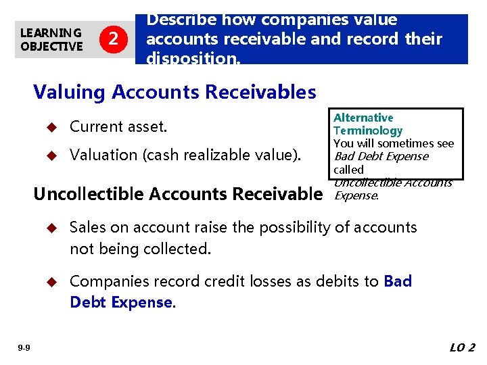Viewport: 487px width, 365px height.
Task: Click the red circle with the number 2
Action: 112,40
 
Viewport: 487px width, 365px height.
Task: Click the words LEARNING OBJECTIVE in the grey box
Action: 51,40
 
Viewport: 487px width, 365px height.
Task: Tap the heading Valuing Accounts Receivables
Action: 175,92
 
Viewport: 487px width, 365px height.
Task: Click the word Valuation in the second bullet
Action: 103,155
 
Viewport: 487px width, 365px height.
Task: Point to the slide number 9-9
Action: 24,348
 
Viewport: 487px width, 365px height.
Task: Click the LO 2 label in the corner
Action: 463,348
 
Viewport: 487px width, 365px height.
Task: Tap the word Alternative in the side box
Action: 363,118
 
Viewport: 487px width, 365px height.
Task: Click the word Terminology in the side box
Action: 367,130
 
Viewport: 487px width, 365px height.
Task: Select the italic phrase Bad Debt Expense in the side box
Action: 381,156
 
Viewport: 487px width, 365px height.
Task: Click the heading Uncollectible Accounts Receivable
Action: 178,194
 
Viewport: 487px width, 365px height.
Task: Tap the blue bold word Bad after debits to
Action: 398,281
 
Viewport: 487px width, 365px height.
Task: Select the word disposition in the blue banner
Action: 191,58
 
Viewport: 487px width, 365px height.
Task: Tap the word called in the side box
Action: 348,169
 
